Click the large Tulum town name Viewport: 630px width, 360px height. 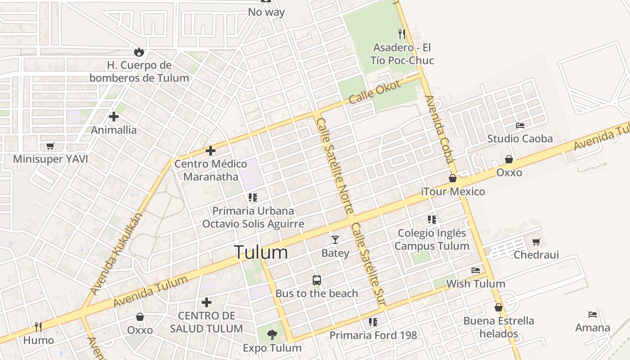click(261, 252)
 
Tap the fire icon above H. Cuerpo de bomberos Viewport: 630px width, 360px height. click(139, 52)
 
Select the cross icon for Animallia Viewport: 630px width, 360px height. click(114, 117)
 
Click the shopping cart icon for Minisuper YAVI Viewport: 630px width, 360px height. click(50, 146)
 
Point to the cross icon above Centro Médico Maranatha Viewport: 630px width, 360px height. click(210, 151)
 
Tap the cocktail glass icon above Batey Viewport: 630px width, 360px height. click(335, 239)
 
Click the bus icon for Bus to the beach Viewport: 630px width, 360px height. click(317, 280)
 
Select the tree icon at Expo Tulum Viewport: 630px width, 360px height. click(272, 334)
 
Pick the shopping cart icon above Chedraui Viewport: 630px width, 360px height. click(536, 242)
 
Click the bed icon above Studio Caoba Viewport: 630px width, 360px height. click(520, 125)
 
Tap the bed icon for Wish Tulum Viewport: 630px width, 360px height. click(476, 270)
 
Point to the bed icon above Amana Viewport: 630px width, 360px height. click(593, 314)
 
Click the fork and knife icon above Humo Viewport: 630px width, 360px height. click(38, 327)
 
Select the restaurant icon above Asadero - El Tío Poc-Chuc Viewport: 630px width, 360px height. click(402, 34)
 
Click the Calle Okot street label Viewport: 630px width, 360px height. click(374, 92)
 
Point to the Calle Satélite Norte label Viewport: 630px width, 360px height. click(335, 166)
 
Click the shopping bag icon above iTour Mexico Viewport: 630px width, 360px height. click(453, 178)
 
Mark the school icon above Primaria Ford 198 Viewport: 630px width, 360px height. click(373, 322)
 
